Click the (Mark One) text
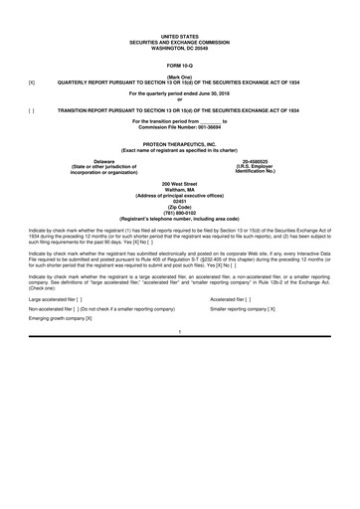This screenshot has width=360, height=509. (x=180, y=74)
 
